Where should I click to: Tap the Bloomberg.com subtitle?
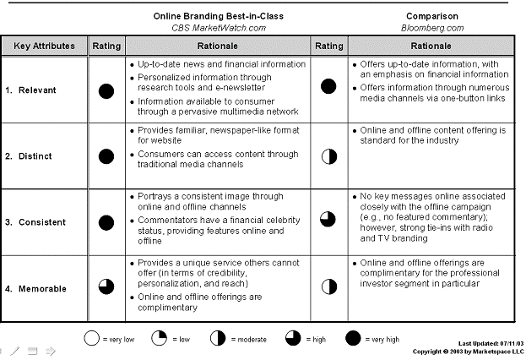point(432,28)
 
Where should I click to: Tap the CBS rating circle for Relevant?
point(106,90)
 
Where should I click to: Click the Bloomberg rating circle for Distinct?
point(328,155)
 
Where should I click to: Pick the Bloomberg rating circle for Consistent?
point(328,221)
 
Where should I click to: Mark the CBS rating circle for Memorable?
point(106,286)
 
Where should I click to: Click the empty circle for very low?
point(91,339)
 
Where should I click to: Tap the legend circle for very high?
point(353,339)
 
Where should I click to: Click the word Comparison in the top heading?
point(432,16)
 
